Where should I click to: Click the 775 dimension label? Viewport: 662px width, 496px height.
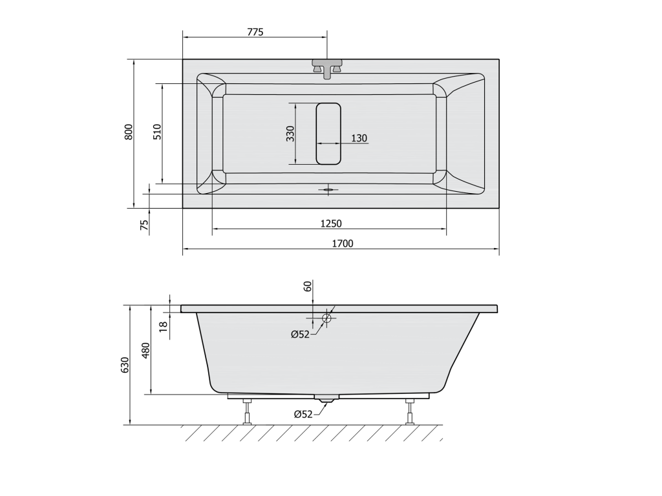255,32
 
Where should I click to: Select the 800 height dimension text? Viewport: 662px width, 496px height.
129,132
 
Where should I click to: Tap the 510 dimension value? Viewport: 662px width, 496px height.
157,132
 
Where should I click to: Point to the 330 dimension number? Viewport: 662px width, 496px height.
290,134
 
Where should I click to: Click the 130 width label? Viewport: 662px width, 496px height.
359,138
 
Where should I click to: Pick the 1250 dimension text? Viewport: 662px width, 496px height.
330,223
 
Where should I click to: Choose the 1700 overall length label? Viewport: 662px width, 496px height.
343,243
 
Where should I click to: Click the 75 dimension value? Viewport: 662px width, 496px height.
144,225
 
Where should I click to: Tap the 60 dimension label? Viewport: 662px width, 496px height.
307,286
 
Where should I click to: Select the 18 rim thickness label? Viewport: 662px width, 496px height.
164,325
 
